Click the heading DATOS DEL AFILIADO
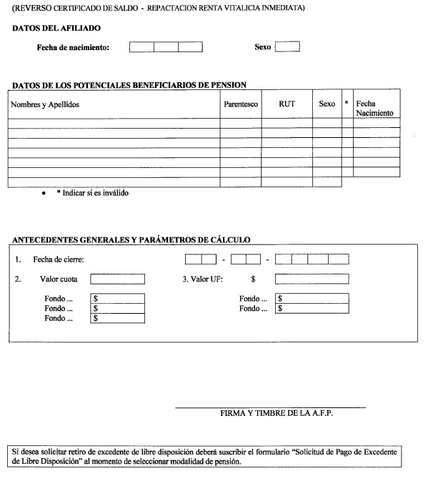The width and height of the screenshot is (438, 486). tap(56, 28)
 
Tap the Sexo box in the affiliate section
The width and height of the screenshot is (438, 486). tap(287, 46)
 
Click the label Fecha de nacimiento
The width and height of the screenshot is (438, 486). tap(73, 47)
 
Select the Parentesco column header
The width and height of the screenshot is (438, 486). tap(241, 104)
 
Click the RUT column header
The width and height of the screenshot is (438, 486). tap(287, 104)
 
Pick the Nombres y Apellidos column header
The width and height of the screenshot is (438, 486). tap(44, 104)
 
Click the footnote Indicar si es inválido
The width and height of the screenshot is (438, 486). tap(93, 193)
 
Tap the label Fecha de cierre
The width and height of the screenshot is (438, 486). tap(53, 259)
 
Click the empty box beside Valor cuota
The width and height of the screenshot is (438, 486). tap(117, 279)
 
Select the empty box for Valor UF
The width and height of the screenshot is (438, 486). tap(312, 279)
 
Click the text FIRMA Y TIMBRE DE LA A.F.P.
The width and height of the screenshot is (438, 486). tap(277, 413)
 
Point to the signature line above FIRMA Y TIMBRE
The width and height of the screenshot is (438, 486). tap(270, 407)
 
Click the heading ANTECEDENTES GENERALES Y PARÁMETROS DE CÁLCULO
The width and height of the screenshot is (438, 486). tap(131, 239)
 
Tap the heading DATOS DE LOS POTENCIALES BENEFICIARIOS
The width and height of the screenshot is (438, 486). tap(129, 85)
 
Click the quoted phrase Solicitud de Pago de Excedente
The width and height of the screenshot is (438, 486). tap(336, 452)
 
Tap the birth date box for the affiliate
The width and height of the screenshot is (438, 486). tap(166, 47)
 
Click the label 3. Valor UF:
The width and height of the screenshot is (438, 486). tap(202, 279)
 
